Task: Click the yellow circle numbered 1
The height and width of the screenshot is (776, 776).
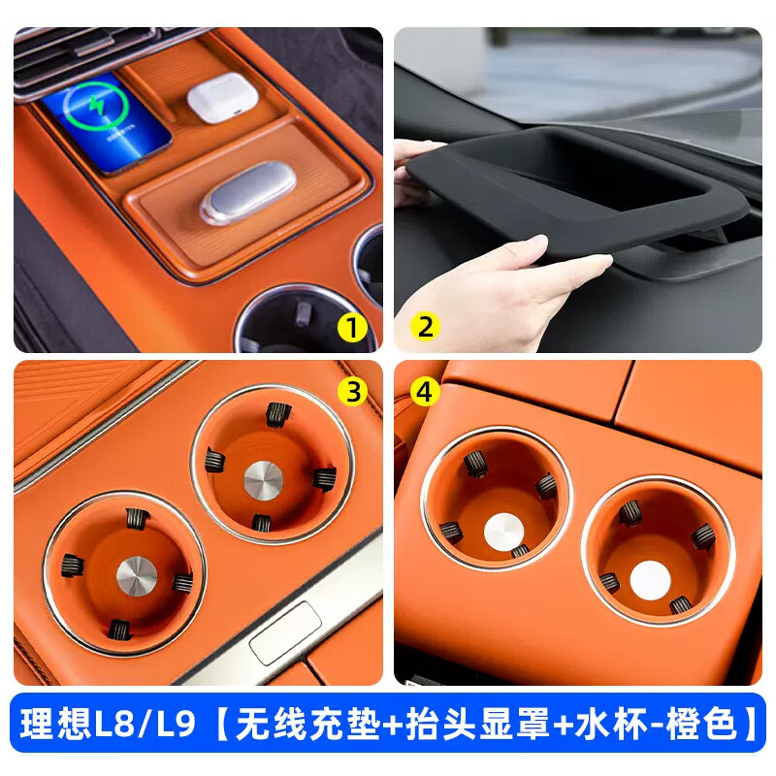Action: tap(353, 327)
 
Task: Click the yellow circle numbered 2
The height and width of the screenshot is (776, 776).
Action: tap(424, 327)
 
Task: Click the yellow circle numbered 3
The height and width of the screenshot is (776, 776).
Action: tap(353, 390)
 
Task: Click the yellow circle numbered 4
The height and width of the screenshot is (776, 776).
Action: tap(424, 390)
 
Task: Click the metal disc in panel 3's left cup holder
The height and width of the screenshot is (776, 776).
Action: tap(133, 575)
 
